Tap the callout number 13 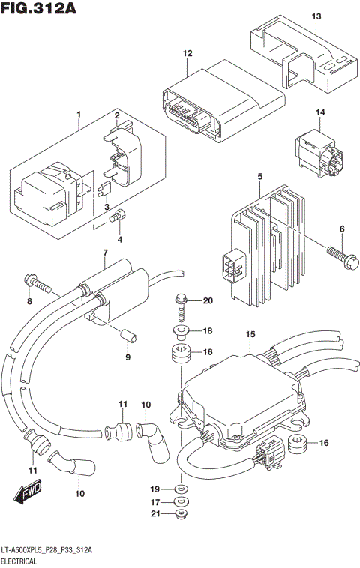[316, 16]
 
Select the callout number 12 [187, 53]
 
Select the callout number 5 [259, 176]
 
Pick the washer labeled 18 [181, 330]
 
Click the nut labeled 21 [180, 514]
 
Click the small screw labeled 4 [116, 218]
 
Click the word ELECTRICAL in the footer [23, 560]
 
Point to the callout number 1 [78, 115]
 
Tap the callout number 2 [117, 115]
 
